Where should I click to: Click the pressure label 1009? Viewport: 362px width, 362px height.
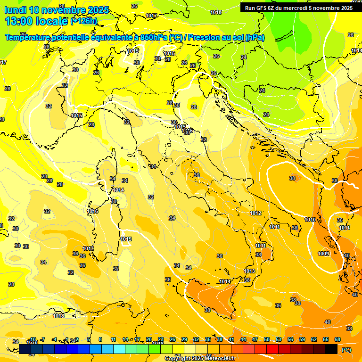point(323,254)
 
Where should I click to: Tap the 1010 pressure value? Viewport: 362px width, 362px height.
point(310,220)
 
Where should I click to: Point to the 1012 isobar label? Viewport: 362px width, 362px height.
point(256,214)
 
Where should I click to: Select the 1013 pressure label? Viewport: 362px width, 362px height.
point(250,271)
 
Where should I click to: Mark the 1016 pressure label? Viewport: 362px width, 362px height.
point(93,212)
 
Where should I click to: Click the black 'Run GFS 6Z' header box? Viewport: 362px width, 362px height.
point(299,8)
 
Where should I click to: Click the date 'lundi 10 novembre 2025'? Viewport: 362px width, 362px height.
point(57,10)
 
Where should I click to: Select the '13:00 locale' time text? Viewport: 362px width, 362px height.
point(36,21)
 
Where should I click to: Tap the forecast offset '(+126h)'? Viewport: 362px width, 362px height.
point(84,21)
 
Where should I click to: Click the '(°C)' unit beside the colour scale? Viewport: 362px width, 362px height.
point(346,350)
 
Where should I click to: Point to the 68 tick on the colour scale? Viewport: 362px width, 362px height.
point(337,339)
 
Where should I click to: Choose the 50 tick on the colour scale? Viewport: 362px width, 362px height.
point(267,339)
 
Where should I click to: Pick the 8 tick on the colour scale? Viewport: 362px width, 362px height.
point(100,339)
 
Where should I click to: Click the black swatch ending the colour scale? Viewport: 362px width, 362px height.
point(331,349)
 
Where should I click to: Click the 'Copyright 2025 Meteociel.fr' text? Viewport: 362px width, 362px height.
point(200,358)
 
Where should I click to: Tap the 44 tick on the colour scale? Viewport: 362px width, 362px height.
point(243,339)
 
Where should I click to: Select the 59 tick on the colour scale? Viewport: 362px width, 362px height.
point(302,339)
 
